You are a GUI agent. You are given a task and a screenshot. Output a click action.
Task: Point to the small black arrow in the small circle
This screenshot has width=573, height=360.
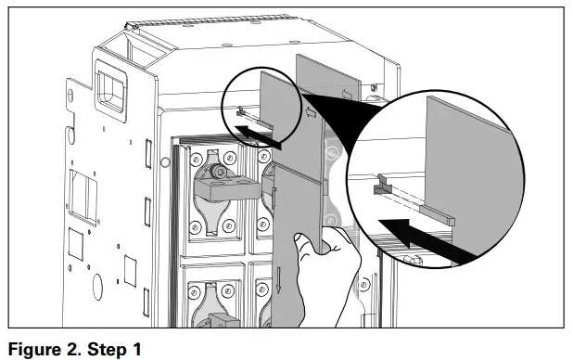tap(261, 135)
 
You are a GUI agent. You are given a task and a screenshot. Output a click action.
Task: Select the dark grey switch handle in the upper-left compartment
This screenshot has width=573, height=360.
tap(223, 186)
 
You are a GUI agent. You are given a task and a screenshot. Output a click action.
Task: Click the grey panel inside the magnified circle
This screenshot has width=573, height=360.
tap(469, 167)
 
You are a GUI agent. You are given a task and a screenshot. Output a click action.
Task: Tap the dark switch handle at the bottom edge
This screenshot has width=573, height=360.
tap(223, 321)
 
